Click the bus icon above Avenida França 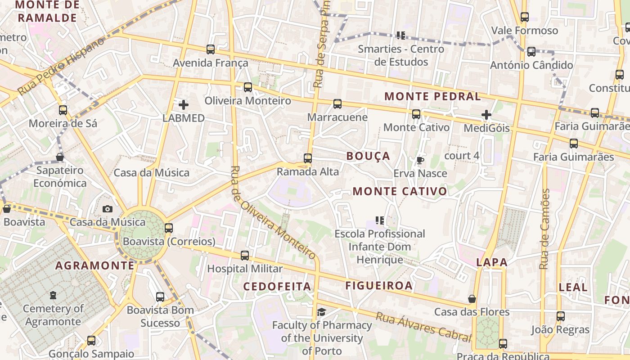click(x=211, y=49)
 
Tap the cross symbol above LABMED click(x=184, y=105)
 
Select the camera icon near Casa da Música click(x=108, y=209)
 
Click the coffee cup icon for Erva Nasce click(x=420, y=160)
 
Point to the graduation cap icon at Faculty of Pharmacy click(x=321, y=312)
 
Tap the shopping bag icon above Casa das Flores click(x=472, y=299)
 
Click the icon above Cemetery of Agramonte click(x=53, y=296)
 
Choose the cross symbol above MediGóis click(x=486, y=115)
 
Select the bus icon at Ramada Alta click(x=308, y=158)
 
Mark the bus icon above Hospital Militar click(x=245, y=256)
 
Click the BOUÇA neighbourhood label click(x=368, y=156)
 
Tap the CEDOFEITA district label click(x=277, y=287)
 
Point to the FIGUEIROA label click(x=379, y=286)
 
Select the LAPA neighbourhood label click(x=491, y=262)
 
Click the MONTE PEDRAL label click(x=432, y=96)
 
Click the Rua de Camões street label click(x=545, y=229)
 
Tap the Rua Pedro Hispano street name click(x=61, y=66)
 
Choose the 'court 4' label click(x=461, y=156)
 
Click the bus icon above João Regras click(x=560, y=316)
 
